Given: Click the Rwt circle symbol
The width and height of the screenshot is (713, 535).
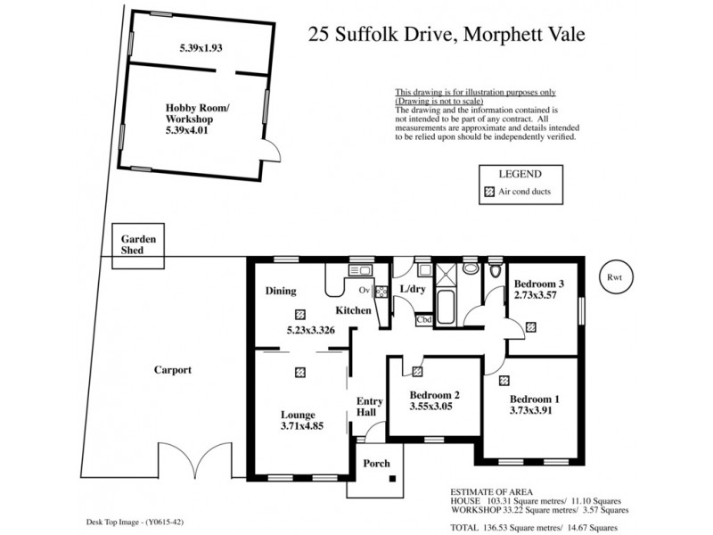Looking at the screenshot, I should (x=614, y=277).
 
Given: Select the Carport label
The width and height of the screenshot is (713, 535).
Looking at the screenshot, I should (x=173, y=369).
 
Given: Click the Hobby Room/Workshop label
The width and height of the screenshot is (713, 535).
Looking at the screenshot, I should (x=197, y=119).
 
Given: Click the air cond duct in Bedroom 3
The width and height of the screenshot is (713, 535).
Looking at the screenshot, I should (x=531, y=327).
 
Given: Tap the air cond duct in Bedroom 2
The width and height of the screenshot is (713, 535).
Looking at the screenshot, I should (x=417, y=371).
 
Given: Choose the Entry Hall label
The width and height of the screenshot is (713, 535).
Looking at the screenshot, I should (x=370, y=407).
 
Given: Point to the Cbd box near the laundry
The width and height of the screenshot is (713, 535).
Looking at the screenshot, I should (x=424, y=319).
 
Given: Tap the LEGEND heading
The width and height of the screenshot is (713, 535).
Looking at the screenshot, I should (x=519, y=174).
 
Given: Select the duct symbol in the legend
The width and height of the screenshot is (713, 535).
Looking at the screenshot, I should (x=488, y=192).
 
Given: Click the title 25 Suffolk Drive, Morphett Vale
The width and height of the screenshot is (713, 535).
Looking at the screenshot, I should (x=447, y=35).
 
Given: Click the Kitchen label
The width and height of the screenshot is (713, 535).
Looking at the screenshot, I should (x=353, y=310).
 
